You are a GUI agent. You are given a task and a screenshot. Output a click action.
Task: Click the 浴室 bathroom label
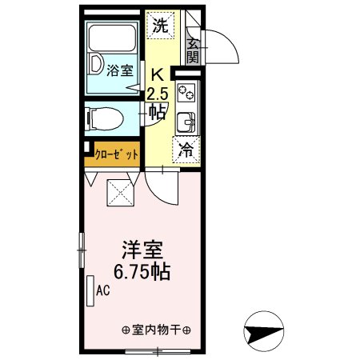click(x=120, y=70)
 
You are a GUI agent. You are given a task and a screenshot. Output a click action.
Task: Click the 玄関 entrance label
click(x=193, y=49)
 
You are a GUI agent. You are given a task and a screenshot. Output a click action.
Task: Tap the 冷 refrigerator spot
click(x=185, y=150)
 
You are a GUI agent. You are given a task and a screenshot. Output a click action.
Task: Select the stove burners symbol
click(x=186, y=94)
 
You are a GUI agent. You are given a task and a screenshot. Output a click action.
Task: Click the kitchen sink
click(x=186, y=122)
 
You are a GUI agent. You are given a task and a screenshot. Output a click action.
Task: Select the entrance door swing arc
click(x=224, y=48)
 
